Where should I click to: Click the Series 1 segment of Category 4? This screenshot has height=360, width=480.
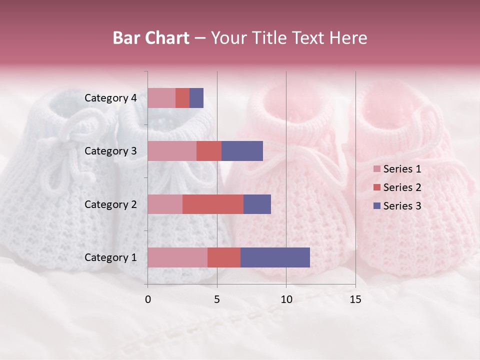[161, 98]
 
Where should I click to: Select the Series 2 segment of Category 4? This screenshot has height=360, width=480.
[182, 98]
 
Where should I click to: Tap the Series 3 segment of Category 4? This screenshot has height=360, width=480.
[196, 98]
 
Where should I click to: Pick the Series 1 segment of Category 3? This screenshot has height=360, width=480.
[172, 151]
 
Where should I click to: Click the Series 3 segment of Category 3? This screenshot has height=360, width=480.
[242, 151]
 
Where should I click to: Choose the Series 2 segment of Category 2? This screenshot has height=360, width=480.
[213, 204]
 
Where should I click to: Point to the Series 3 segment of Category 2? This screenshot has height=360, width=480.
[257, 204]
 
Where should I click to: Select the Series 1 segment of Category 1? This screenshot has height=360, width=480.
[177, 257]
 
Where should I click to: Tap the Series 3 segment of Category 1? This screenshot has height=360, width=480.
[275, 257]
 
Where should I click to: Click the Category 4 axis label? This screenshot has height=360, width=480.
[110, 98]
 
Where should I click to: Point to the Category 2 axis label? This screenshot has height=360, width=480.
[110, 204]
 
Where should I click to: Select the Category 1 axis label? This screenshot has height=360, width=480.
[110, 257]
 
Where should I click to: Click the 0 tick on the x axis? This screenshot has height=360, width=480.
[148, 299]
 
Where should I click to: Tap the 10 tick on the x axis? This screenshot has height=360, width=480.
[286, 299]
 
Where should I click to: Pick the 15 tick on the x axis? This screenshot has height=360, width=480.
[355, 299]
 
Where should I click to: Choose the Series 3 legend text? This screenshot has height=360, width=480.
[402, 206]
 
